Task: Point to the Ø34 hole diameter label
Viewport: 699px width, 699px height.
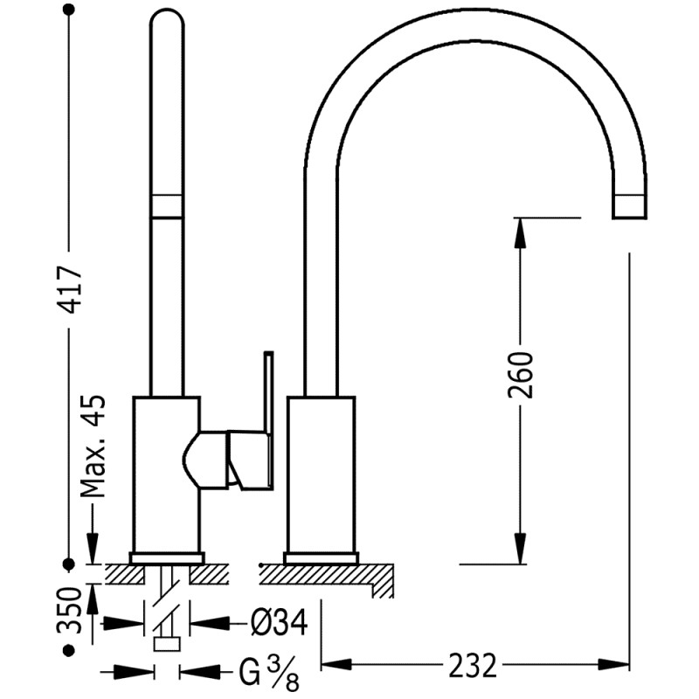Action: coord(278,624)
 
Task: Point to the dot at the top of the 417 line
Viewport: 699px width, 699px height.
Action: coord(70,10)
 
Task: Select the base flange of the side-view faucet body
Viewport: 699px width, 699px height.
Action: coord(321,557)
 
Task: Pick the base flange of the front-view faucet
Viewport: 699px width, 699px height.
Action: coord(166,557)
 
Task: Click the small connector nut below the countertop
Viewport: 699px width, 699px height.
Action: coord(166,645)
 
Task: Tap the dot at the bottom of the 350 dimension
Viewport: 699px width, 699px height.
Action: coord(70,651)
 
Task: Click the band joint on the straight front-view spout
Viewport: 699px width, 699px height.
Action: coord(167,204)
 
